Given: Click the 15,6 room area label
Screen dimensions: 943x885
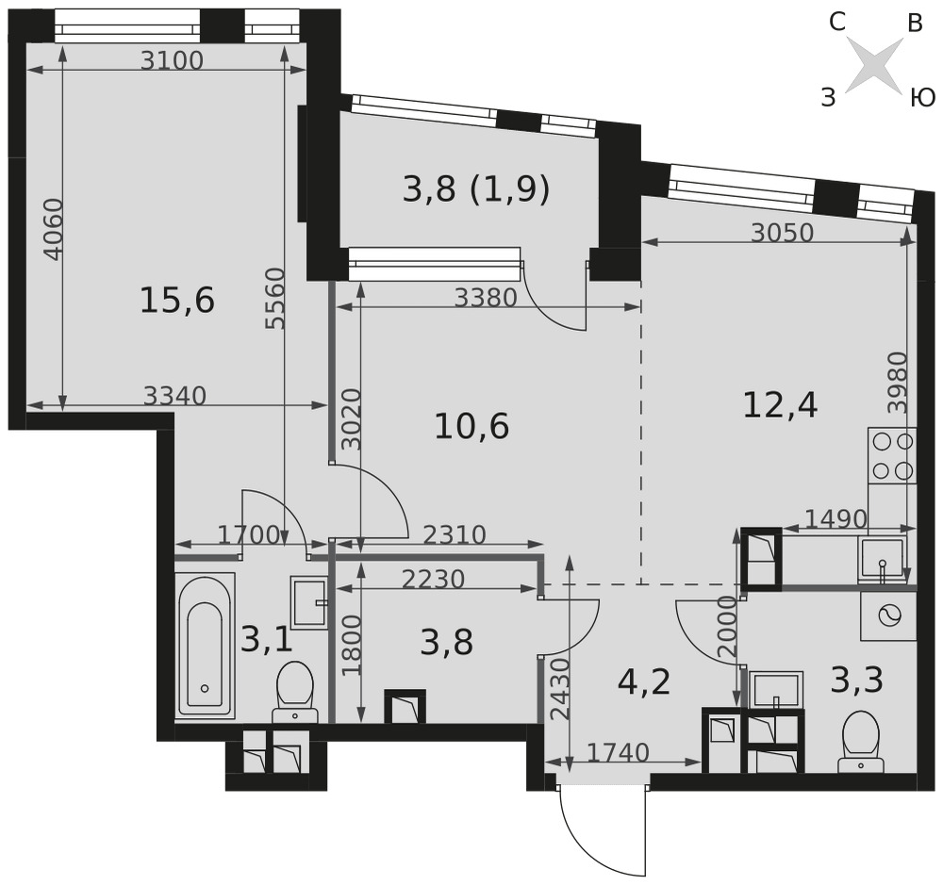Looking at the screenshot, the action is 177,300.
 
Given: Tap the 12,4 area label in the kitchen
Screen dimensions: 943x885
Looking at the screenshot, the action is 780,404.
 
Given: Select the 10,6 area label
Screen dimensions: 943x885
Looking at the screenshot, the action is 471,426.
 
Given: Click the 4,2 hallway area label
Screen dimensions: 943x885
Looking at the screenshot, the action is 644,681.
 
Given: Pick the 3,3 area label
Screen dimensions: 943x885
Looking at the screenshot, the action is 857,680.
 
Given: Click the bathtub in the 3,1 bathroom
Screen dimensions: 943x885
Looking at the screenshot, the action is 205,645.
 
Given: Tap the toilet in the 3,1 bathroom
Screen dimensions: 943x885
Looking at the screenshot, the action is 294,692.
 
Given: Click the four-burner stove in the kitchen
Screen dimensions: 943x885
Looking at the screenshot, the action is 892,456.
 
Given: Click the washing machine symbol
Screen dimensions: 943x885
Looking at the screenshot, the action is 888,615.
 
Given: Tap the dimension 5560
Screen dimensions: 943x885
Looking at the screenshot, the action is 274,299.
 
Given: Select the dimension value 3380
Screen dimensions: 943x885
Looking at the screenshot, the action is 486,297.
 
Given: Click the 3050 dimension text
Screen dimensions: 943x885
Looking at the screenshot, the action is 782,232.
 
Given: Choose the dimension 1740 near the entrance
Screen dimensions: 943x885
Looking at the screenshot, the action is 619,752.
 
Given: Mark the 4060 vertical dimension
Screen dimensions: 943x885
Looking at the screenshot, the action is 54,229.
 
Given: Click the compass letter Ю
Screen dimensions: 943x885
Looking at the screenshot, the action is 921,96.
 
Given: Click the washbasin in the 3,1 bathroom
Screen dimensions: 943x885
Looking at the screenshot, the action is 309,601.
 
